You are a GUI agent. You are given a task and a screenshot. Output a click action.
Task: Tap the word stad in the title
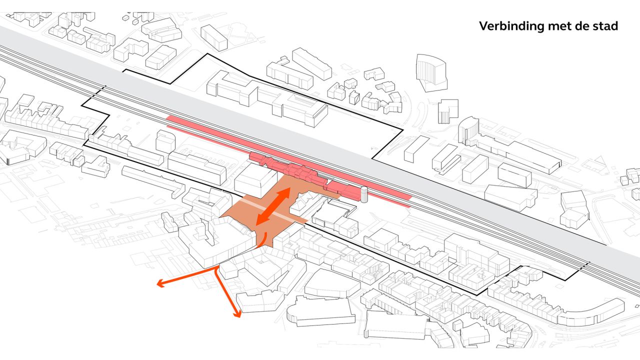pos(605,26)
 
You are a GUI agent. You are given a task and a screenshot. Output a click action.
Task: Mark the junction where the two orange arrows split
pos(216,268)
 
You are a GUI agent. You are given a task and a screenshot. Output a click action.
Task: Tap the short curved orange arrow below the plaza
pos(262,239)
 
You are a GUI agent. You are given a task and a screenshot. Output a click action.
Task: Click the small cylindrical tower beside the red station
pos(363,194)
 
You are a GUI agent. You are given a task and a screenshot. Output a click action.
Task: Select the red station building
pos(300,172)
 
